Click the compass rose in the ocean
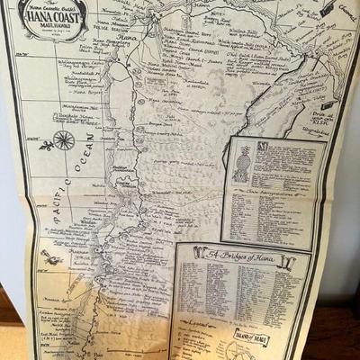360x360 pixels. coord(64,139)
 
